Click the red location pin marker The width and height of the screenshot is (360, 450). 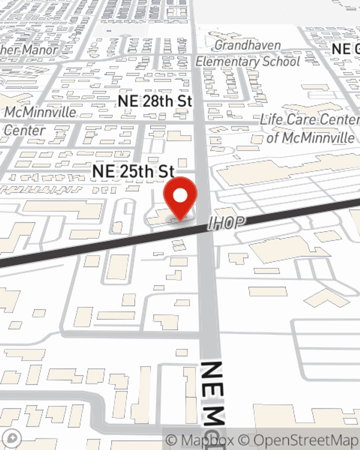pyautogui.click(x=180, y=198)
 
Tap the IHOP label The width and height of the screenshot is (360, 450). pyautogui.click(x=226, y=223)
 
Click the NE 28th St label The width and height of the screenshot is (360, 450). pyautogui.click(x=155, y=101)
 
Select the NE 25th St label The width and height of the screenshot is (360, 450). pyautogui.click(x=133, y=171)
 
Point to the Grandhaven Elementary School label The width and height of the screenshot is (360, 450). pyautogui.click(x=248, y=53)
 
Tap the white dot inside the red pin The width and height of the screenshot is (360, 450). pyautogui.click(x=180, y=195)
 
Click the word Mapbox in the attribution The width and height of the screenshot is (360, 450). pyautogui.click(x=207, y=440)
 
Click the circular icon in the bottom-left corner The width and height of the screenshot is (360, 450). pyautogui.click(x=13, y=438)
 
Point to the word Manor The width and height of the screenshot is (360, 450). pyautogui.click(x=40, y=50)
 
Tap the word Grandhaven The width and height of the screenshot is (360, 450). pyautogui.click(x=248, y=45)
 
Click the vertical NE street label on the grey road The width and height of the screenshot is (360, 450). pyautogui.click(x=212, y=392)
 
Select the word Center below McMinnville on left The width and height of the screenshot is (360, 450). pyautogui.click(x=24, y=130)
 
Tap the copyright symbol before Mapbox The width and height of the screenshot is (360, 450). pyautogui.click(x=172, y=440)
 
